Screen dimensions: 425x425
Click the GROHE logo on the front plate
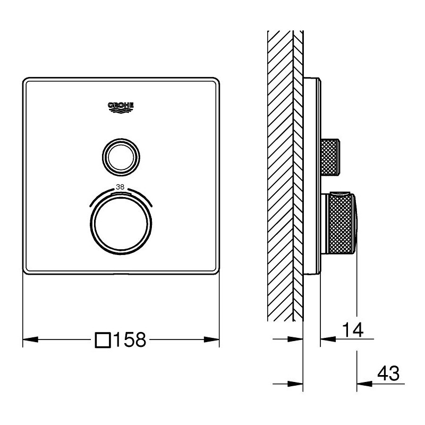(x=121, y=108)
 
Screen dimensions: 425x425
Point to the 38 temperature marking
(x=120, y=187)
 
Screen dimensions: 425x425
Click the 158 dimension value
(x=130, y=339)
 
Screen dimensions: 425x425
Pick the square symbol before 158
(x=103, y=340)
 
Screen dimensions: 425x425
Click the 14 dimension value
(x=353, y=330)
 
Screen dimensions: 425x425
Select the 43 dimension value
(x=388, y=373)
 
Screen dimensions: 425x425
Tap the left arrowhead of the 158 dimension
(x=30, y=339)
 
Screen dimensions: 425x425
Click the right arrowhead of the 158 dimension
(x=211, y=339)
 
